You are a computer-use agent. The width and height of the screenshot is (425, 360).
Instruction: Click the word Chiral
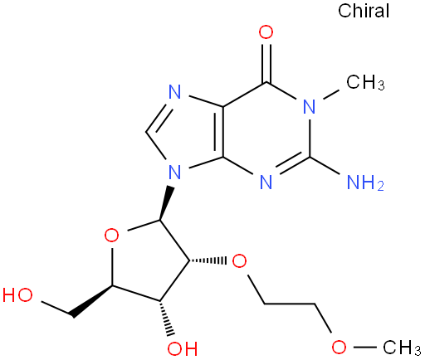[x=364, y=11]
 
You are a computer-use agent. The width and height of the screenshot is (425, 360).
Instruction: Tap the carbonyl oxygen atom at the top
[x=266, y=32]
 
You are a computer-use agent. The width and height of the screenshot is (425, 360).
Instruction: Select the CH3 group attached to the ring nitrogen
[x=365, y=82]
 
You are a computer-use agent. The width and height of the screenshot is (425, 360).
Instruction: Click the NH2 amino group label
[x=365, y=182]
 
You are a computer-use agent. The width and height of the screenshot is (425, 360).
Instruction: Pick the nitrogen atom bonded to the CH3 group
[x=309, y=107]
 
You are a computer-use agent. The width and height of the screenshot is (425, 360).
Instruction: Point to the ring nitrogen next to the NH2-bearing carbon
[x=266, y=182]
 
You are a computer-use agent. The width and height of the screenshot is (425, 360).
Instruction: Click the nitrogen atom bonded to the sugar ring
[x=174, y=172]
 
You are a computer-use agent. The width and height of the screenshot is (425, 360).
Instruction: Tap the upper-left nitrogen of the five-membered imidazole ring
[x=174, y=92]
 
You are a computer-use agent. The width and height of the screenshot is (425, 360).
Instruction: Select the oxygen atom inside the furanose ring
[x=112, y=236]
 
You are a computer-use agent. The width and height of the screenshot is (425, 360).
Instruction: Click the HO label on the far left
[x=17, y=295]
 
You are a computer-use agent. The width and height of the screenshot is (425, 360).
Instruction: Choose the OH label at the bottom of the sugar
[x=183, y=349]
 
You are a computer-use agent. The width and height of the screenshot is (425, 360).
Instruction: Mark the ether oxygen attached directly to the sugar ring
[x=239, y=261]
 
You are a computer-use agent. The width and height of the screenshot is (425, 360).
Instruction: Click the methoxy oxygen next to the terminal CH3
[x=339, y=347]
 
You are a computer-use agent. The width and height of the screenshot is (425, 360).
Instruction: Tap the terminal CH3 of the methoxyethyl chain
[x=402, y=348]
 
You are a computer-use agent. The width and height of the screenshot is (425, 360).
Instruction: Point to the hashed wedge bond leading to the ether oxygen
[x=208, y=260]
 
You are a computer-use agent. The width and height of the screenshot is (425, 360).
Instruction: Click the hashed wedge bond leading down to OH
[x=165, y=319]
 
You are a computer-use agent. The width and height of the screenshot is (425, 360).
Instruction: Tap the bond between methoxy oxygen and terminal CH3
[x=364, y=347]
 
